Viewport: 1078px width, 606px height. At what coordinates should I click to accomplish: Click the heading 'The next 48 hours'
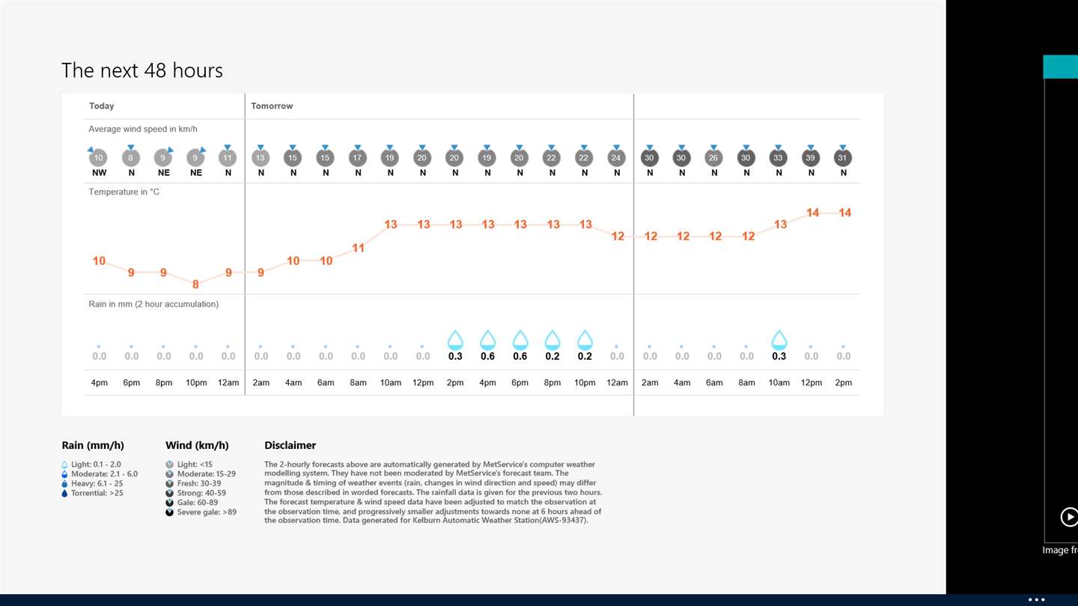(142, 70)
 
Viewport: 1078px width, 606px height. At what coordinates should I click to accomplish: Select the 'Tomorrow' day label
(272, 106)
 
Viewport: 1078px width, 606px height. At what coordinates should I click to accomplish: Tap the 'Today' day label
(102, 106)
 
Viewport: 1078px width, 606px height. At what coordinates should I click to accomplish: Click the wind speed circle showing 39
(811, 158)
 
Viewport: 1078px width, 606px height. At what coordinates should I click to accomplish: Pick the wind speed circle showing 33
(779, 158)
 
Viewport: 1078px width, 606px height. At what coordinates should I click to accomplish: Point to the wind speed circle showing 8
(131, 158)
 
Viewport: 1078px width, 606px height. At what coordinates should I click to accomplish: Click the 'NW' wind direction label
(99, 173)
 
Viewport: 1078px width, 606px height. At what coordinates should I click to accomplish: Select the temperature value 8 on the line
(196, 284)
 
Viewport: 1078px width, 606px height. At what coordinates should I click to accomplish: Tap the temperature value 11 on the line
(359, 248)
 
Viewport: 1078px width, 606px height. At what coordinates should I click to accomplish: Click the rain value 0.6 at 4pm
(487, 357)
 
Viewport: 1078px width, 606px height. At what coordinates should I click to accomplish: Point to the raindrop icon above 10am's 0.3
(779, 340)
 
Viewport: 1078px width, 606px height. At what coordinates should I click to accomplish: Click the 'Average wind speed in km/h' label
(143, 129)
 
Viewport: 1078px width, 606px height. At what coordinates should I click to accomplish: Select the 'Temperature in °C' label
(124, 192)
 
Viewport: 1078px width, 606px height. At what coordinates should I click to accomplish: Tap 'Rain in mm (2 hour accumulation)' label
(153, 304)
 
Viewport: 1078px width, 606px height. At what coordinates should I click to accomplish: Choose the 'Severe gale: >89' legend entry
(206, 512)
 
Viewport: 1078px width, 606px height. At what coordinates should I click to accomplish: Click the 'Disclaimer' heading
(290, 446)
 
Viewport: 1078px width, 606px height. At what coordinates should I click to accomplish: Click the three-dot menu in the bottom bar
(1036, 599)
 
